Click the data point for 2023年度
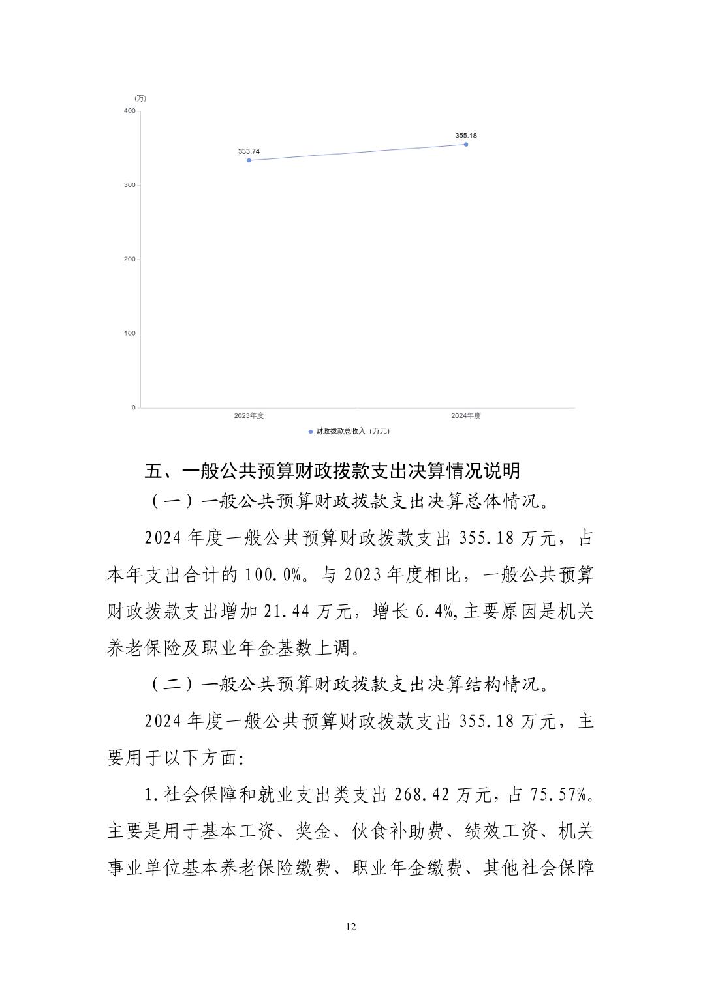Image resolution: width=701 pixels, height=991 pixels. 249,160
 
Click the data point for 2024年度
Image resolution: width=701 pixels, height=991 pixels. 465,144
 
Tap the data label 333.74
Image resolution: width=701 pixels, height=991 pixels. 249,151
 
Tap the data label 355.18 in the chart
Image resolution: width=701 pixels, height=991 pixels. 466,135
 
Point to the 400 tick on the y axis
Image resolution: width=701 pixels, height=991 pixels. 129,111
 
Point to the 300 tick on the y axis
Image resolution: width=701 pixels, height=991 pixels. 129,185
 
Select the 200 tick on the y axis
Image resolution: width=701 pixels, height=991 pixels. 129,259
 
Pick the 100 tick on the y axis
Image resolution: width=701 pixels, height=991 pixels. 129,333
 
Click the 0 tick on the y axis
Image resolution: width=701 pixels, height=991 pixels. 133,407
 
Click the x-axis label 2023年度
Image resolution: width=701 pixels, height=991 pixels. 249,415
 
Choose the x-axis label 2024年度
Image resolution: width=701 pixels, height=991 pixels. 466,415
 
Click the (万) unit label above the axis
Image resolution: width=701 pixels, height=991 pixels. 140,98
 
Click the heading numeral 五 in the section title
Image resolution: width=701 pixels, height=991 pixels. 153,471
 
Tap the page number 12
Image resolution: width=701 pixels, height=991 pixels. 350,927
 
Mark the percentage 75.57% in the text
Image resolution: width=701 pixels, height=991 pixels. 560,795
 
